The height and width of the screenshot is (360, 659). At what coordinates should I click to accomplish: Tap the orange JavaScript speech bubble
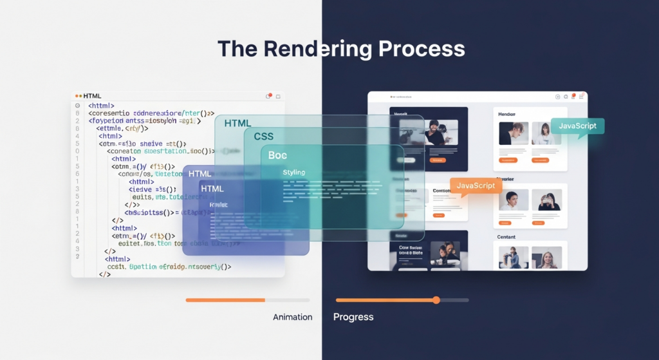click(476, 186)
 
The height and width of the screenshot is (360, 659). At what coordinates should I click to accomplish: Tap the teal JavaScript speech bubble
click(577, 126)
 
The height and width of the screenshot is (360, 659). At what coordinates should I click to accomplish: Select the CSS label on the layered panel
click(264, 137)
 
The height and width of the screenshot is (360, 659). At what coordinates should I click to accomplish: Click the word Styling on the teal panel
click(294, 173)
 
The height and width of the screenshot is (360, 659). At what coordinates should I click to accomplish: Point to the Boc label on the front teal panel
click(278, 155)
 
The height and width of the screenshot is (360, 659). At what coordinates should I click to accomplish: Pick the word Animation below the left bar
click(292, 317)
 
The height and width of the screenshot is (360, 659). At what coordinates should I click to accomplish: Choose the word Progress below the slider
click(353, 317)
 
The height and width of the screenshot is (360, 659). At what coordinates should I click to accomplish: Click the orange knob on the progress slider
click(436, 300)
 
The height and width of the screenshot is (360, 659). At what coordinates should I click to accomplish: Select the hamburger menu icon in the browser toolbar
click(582, 97)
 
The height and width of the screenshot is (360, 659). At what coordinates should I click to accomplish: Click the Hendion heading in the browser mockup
click(507, 114)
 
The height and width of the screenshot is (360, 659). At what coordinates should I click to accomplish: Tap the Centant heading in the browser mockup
click(507, 237)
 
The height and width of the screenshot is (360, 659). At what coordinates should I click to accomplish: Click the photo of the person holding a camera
click(549, 200)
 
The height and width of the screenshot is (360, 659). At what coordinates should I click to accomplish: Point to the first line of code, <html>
click(102, 106)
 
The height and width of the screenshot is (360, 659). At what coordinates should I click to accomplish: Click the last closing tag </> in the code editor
click(104, 274)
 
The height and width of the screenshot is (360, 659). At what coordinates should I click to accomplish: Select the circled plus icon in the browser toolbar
click(557, 97)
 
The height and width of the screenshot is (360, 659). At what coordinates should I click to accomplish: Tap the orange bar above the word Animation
click(225, 300)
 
